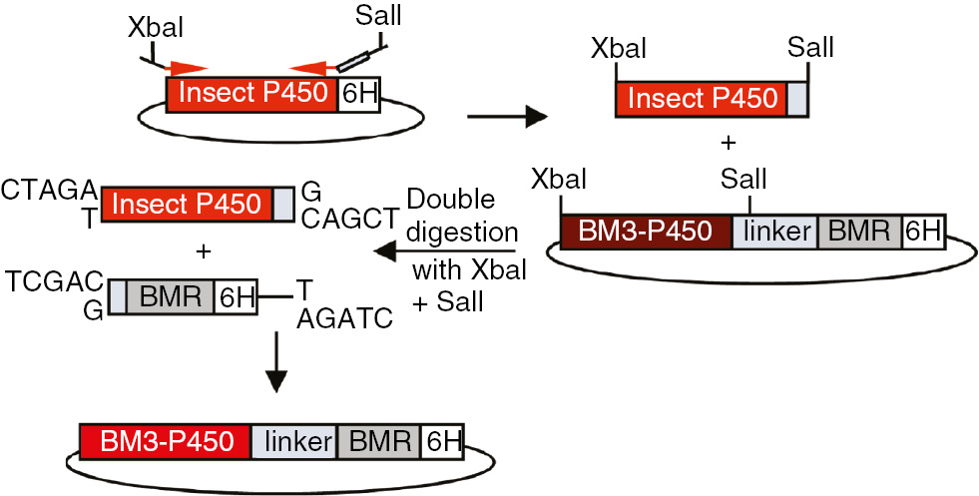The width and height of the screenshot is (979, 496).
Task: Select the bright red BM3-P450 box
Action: pos(165,440)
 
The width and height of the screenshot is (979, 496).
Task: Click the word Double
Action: pos(450,198)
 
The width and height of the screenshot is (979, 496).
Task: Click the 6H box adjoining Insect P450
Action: pos(358,96)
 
